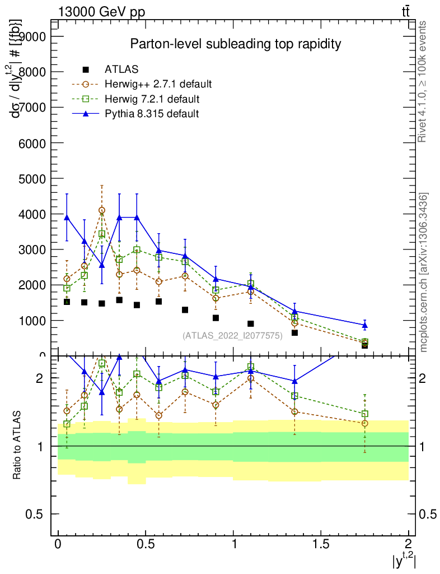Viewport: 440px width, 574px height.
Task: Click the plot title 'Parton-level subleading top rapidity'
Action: click(236, 44)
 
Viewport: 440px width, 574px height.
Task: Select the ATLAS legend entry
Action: click(121, 70)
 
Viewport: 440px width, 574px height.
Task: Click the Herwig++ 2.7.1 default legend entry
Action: click(158, 85)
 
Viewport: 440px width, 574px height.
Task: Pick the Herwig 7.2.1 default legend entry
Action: click(152, 99)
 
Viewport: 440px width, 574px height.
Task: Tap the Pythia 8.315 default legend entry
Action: click(152, 114)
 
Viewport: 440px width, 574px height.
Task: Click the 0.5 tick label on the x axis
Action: click(146, 544)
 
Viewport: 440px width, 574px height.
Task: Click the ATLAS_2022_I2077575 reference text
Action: click(232, 335)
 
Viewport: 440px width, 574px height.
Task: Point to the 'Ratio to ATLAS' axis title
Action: click(17, 446)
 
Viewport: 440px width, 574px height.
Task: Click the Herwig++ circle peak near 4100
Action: click(102, 210)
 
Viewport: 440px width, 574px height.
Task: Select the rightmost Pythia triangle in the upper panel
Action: click(364, 325)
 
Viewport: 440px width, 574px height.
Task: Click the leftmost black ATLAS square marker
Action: click(67, 302)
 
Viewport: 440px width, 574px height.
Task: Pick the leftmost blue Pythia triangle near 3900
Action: click(67, 217)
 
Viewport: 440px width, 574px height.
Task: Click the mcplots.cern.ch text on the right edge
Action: click(424, 272)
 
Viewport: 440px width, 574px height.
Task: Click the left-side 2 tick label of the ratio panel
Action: click(40, 378)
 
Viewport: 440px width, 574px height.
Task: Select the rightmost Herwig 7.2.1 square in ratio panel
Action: click(364, 414)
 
